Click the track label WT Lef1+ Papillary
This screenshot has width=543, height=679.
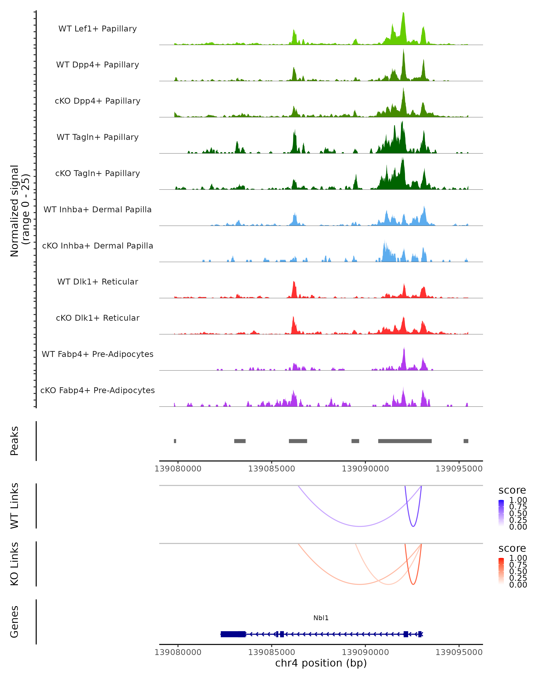coord(98,29)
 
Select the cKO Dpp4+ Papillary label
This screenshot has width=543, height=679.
coord(98,101)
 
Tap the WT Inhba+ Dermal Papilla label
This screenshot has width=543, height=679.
coord(98,210)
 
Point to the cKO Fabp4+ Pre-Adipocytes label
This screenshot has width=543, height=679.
coord(98,390)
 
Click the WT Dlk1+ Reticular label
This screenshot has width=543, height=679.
coord(98,282)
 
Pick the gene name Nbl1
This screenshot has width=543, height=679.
coord(321,618)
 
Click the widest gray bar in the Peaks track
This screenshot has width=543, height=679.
coord(405,441)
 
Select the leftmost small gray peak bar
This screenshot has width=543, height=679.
coord(175,441)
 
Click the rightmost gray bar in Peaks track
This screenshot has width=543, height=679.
coord(466,441)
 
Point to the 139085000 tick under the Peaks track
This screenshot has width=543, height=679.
coord(271,469)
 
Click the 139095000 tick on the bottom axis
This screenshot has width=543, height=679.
coord(459,652)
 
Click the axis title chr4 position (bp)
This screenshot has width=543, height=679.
coord(321,663)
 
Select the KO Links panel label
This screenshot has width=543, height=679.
coord(14,564)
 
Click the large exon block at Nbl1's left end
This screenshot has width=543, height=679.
coord(233,634)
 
